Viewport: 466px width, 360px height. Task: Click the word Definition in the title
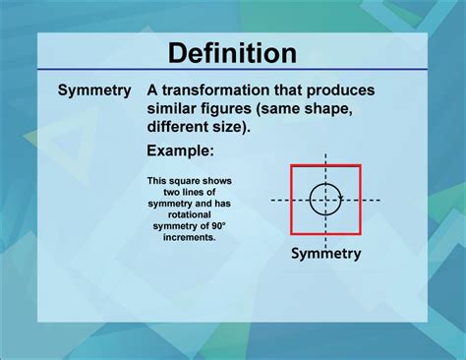click(x=232, y=52)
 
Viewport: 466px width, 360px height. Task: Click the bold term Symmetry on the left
click(x=93, y=90)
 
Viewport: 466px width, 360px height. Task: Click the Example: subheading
click(x=180, y=150)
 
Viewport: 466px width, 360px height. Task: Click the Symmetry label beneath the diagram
click(x=325, y=253)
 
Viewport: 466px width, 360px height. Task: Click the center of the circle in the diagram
click(x=325, y=200)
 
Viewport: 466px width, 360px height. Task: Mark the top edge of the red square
click(x=325, y=166)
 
